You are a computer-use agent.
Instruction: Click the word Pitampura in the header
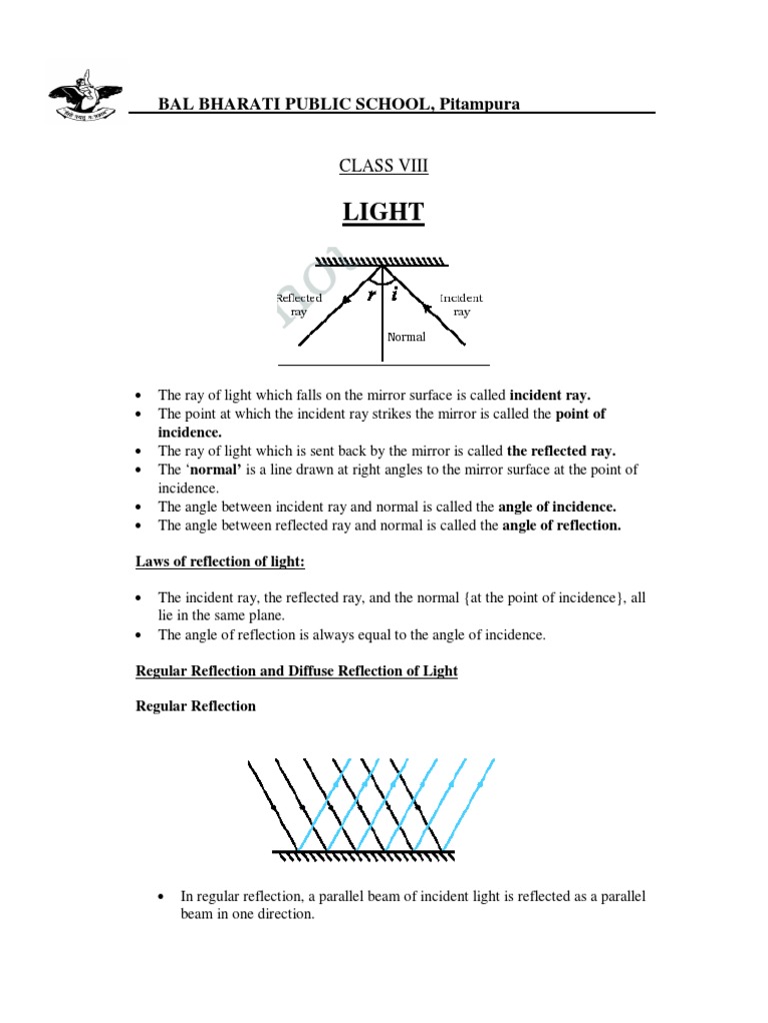(477, 104)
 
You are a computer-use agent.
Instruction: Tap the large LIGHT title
(384, 212)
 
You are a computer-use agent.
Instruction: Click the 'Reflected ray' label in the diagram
(298, 305)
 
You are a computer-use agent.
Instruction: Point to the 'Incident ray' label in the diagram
(461, 305)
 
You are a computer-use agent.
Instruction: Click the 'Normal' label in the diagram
(407, 337)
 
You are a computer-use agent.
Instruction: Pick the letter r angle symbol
(372, 296)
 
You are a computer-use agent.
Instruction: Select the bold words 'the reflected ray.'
(561, 451)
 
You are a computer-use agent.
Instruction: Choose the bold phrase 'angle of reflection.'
(561, 525)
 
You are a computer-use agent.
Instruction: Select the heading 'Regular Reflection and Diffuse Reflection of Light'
(297, 670)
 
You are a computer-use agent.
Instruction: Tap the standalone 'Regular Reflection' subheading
(196, 706)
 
